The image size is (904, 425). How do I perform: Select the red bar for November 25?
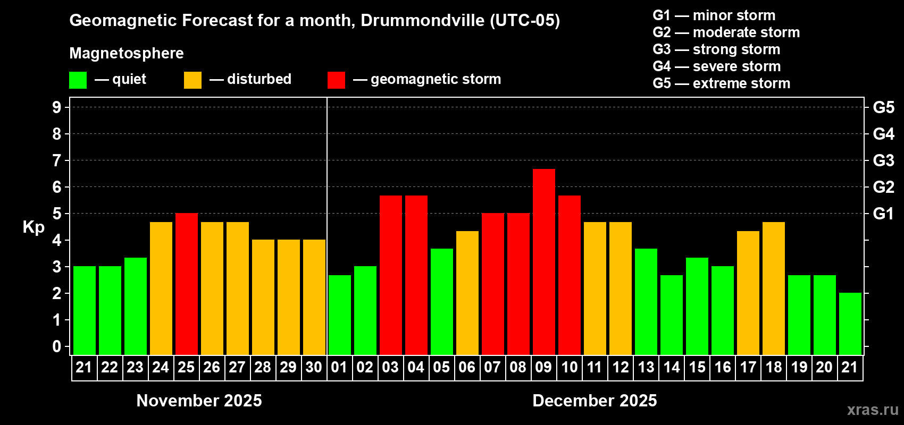tap(187, 284)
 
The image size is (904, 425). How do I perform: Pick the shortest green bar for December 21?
tap(850, 324)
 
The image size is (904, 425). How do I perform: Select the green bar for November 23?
tap(136, 306)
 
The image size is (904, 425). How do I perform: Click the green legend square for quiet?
tap(78, 80)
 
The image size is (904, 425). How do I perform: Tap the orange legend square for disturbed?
tap(192, 80)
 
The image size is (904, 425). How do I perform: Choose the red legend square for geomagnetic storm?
tap(336, 80)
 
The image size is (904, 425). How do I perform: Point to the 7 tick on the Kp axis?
tap(57, 160)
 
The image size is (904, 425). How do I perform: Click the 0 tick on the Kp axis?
tap(57, 347)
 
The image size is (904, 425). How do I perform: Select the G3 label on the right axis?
tap(883, 160)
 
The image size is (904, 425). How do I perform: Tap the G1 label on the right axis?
tap(883, 214)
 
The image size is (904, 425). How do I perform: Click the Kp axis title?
tap(34, 227)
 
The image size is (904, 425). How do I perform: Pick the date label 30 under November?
tap(314, 367)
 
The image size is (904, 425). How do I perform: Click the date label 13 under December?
tap(646, 367)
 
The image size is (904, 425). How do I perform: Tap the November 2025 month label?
tap(199, 401)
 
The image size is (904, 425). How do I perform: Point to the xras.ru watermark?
tap(873, 410)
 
